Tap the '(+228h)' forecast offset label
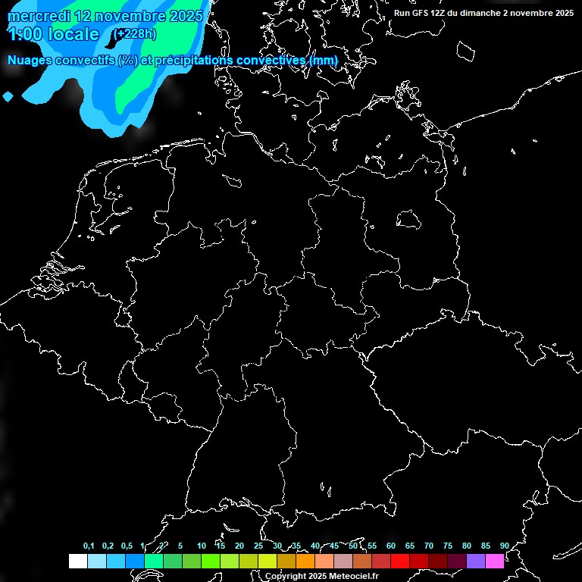(136, 33)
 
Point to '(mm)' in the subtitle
(323, 60)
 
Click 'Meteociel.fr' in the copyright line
(353, 577)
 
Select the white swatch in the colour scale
(77, 561)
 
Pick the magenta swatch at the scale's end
(495, 561)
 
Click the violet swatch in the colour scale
(476, 561)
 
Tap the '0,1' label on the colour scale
(89, 546)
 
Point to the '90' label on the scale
(504, 546)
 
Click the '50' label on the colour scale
(353, 546)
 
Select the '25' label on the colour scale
(258, 546)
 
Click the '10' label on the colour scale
(202, 546)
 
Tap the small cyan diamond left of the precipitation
(8, 96)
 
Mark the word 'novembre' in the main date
(130, 16)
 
